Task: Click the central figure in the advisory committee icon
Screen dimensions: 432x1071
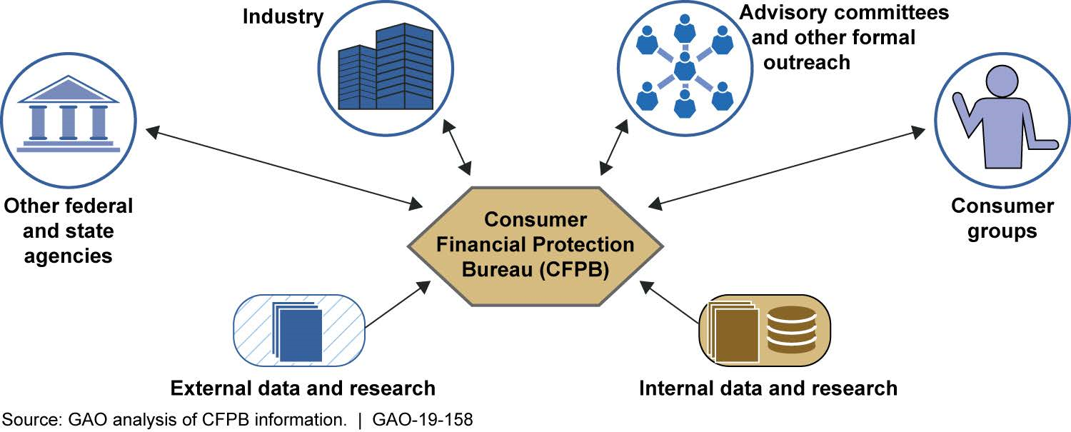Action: (685, 69)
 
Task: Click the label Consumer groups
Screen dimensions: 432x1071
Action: (1002, 218)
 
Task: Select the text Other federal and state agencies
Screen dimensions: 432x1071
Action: (69, 231)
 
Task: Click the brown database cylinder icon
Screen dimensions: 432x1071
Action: (790, 329)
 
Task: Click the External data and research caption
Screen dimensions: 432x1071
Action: (303, 388)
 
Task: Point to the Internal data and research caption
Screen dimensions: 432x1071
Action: (768, 388)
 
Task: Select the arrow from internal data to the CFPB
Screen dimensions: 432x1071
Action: (670, 303)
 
